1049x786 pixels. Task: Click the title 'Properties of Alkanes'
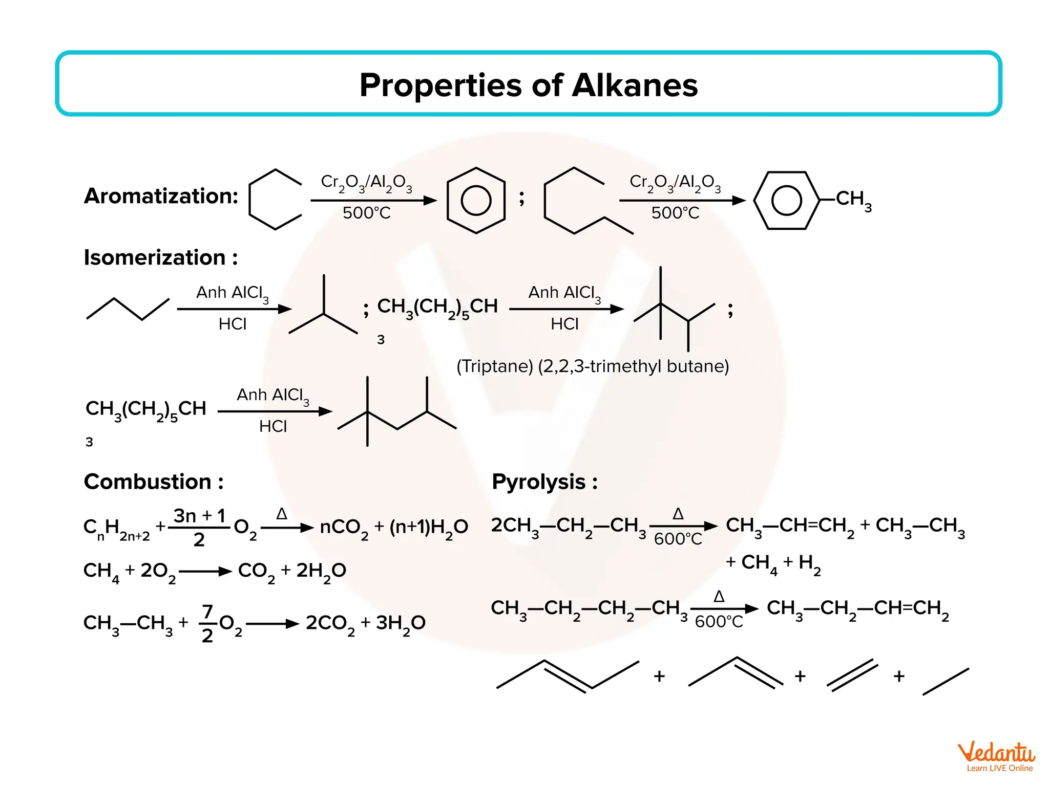point(528,85)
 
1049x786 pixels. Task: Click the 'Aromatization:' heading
point(161,196)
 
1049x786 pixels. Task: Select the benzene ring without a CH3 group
point(476,200)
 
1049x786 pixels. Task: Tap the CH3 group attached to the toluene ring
point(853,199)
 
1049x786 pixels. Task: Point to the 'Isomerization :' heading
point(161,257)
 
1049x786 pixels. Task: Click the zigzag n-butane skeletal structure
point(128,309)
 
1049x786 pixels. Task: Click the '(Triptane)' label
point(495,366)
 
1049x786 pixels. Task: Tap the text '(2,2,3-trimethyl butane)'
point(633,366)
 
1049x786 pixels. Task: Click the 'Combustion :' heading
point(154,482)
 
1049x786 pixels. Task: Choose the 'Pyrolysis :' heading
point(544,482)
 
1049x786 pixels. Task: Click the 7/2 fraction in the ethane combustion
point(207,623)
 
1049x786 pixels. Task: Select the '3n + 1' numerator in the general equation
point(199,516)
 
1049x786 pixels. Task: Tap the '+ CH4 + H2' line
point(773,563)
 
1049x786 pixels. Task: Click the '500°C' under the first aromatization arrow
point(366,213)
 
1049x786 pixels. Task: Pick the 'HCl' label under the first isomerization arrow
point(233,324)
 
